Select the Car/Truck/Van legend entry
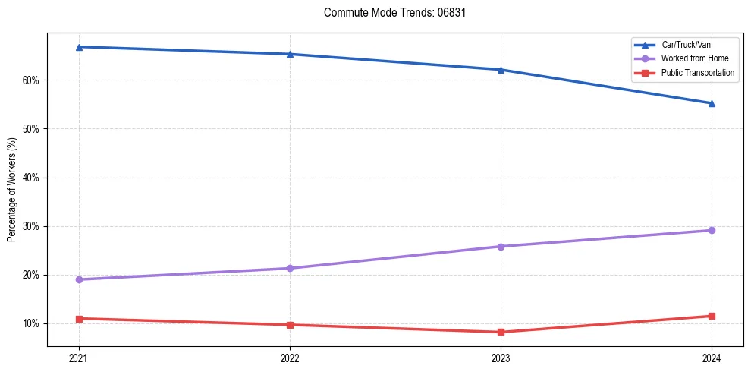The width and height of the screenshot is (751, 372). coord(686,45)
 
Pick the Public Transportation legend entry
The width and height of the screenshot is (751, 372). coord(697,73)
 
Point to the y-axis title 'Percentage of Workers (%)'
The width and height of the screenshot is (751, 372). coord(11,190)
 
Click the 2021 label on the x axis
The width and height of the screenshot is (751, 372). coord(79,357)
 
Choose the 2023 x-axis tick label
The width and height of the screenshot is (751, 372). coord(501,357)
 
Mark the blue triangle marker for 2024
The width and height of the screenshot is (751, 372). coord(712,103)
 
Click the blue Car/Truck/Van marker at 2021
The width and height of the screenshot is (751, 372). coord(79,47)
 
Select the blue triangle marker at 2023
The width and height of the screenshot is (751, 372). coord(501,70)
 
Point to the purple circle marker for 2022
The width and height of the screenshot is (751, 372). coord(290,268)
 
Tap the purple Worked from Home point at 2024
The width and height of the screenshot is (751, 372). coord(712,230)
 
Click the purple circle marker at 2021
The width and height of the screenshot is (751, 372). coord(79,279)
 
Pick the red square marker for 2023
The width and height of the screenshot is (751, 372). coord(501,332)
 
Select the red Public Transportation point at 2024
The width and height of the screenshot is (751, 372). coord(712,316)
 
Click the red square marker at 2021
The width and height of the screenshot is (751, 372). coord(79,318)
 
